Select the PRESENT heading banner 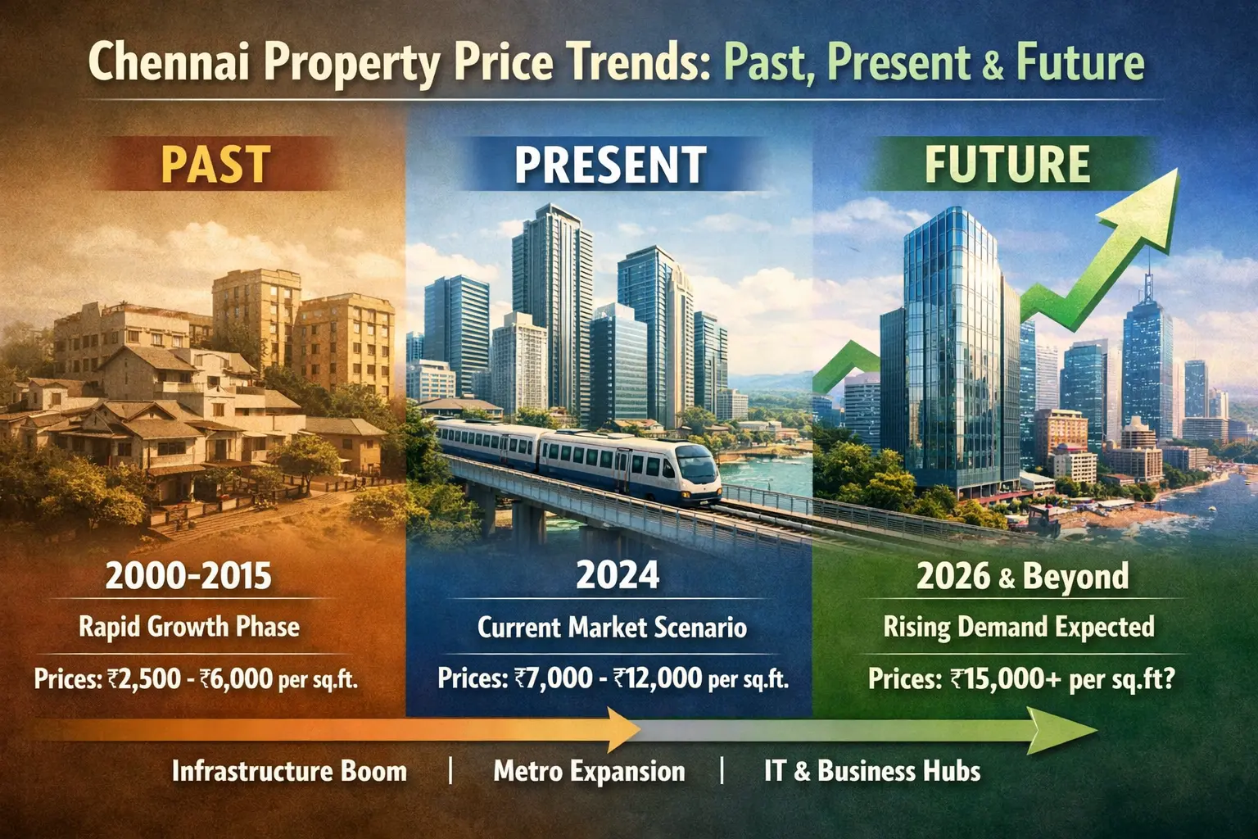pyautogui.click(x=610, y=164)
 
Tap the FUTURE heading pyautogui.click(x=1007, y=164)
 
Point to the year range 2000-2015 pyautogui.click(x=188, y=576)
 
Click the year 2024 pyautogui.click(x=618, y=575)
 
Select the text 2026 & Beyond pyautogui.click(x=1022, y=577)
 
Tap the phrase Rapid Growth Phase pyautogui.click(x=189, y=627)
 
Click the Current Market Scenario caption pyautogui.click(x=612, y=628)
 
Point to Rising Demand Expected pyautogui.click(x=1019, y=628)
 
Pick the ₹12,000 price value pyautogui.click(x=657, y=678)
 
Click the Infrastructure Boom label pyautogui.click(x=289, y=771)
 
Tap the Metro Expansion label pyautogui.click(x=589, y=771)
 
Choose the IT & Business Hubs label pyautogui.click(x=871, y=771)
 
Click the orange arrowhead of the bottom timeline pyautogui.click(x=622, y=728)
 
